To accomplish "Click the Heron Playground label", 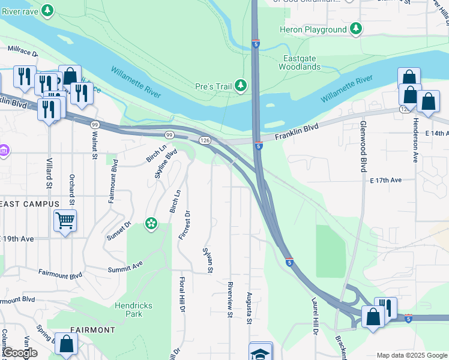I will [313, 29].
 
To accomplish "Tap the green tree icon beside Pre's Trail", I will [241, 86].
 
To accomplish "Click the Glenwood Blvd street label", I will [363, 146].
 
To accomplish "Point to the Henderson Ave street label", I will [414, 139].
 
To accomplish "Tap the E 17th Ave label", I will [385, 180].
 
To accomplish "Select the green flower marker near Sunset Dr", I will [151, 224].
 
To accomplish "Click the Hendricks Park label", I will [133, 310].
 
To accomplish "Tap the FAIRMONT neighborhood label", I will [92, 330].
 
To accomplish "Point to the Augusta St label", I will [249, 308].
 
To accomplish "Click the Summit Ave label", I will [125, 265].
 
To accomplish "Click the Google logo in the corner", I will [19, 353].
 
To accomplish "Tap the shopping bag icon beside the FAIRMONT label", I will [67, 344].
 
